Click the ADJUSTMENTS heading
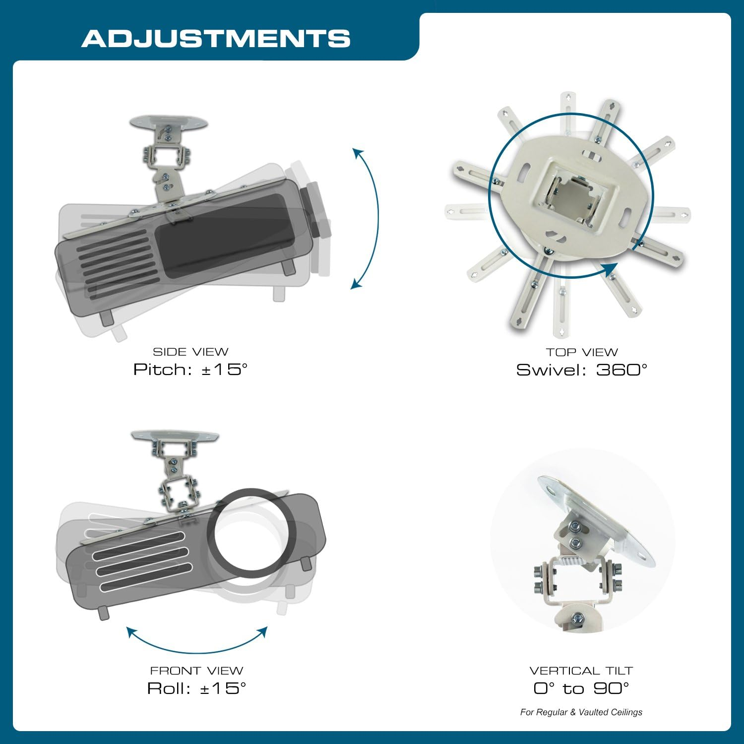(216, 39)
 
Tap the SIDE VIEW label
(190, 352)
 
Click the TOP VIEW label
(582, 353)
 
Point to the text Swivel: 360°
(582, 370)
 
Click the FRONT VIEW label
(196, 671)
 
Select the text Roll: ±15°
(196, 688)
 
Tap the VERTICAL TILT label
(581, 671)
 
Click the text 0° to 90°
(581, 688)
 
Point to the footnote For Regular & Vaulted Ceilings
(581, 712)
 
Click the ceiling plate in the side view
(168, 123)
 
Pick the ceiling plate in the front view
(175, 436)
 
